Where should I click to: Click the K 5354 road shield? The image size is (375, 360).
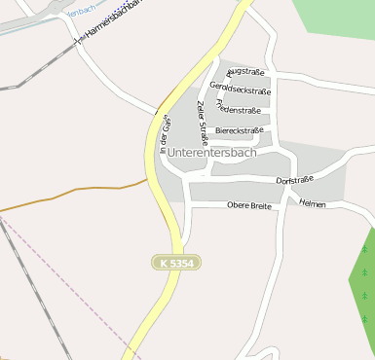pos(176,263)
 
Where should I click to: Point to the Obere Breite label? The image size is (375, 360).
pos(248,205)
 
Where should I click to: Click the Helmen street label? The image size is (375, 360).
pos(313,204)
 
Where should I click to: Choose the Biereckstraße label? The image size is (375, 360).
pos(239,129)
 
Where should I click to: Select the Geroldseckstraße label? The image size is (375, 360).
pos(240,89)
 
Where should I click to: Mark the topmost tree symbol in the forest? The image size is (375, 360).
pos(364,249)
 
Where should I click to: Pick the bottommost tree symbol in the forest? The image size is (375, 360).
pos(364,317)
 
